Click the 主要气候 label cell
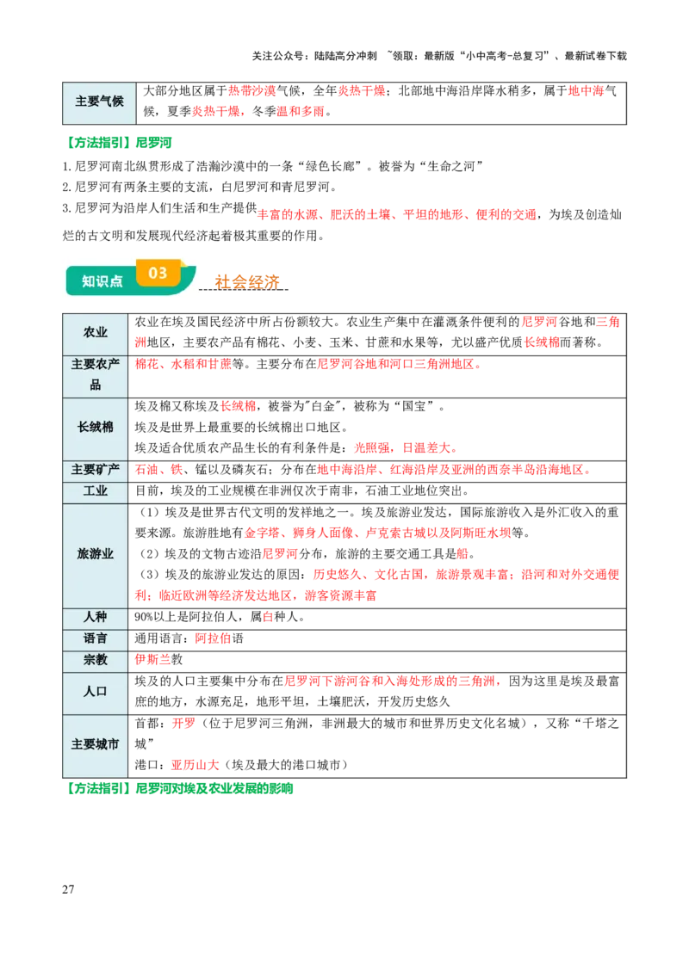[x=99, y=102]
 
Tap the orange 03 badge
[x=158, y=273]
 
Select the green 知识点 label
[x=102, y=281]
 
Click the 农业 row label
[x=96, y=332]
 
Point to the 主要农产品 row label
[x=96, y=374]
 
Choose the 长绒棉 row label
[x=96, y=427]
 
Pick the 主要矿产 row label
[x=96, y=470]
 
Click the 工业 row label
[x=96, y=491]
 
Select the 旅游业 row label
[x=96, y=554]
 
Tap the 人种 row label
[x=96, y=617]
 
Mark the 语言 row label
[x=96, y=638]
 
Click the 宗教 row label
[x=96, y=660]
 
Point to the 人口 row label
[x=96, y=692]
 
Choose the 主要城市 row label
[x=96, y=744]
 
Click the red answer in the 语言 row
[x=213, y=638]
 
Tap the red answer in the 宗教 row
[x=152, y=660]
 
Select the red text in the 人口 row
[x=393, y=681]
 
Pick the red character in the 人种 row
[x=268, y=617]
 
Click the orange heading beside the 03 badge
[x=247, y=281]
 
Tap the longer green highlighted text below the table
[x=215, y=788]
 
